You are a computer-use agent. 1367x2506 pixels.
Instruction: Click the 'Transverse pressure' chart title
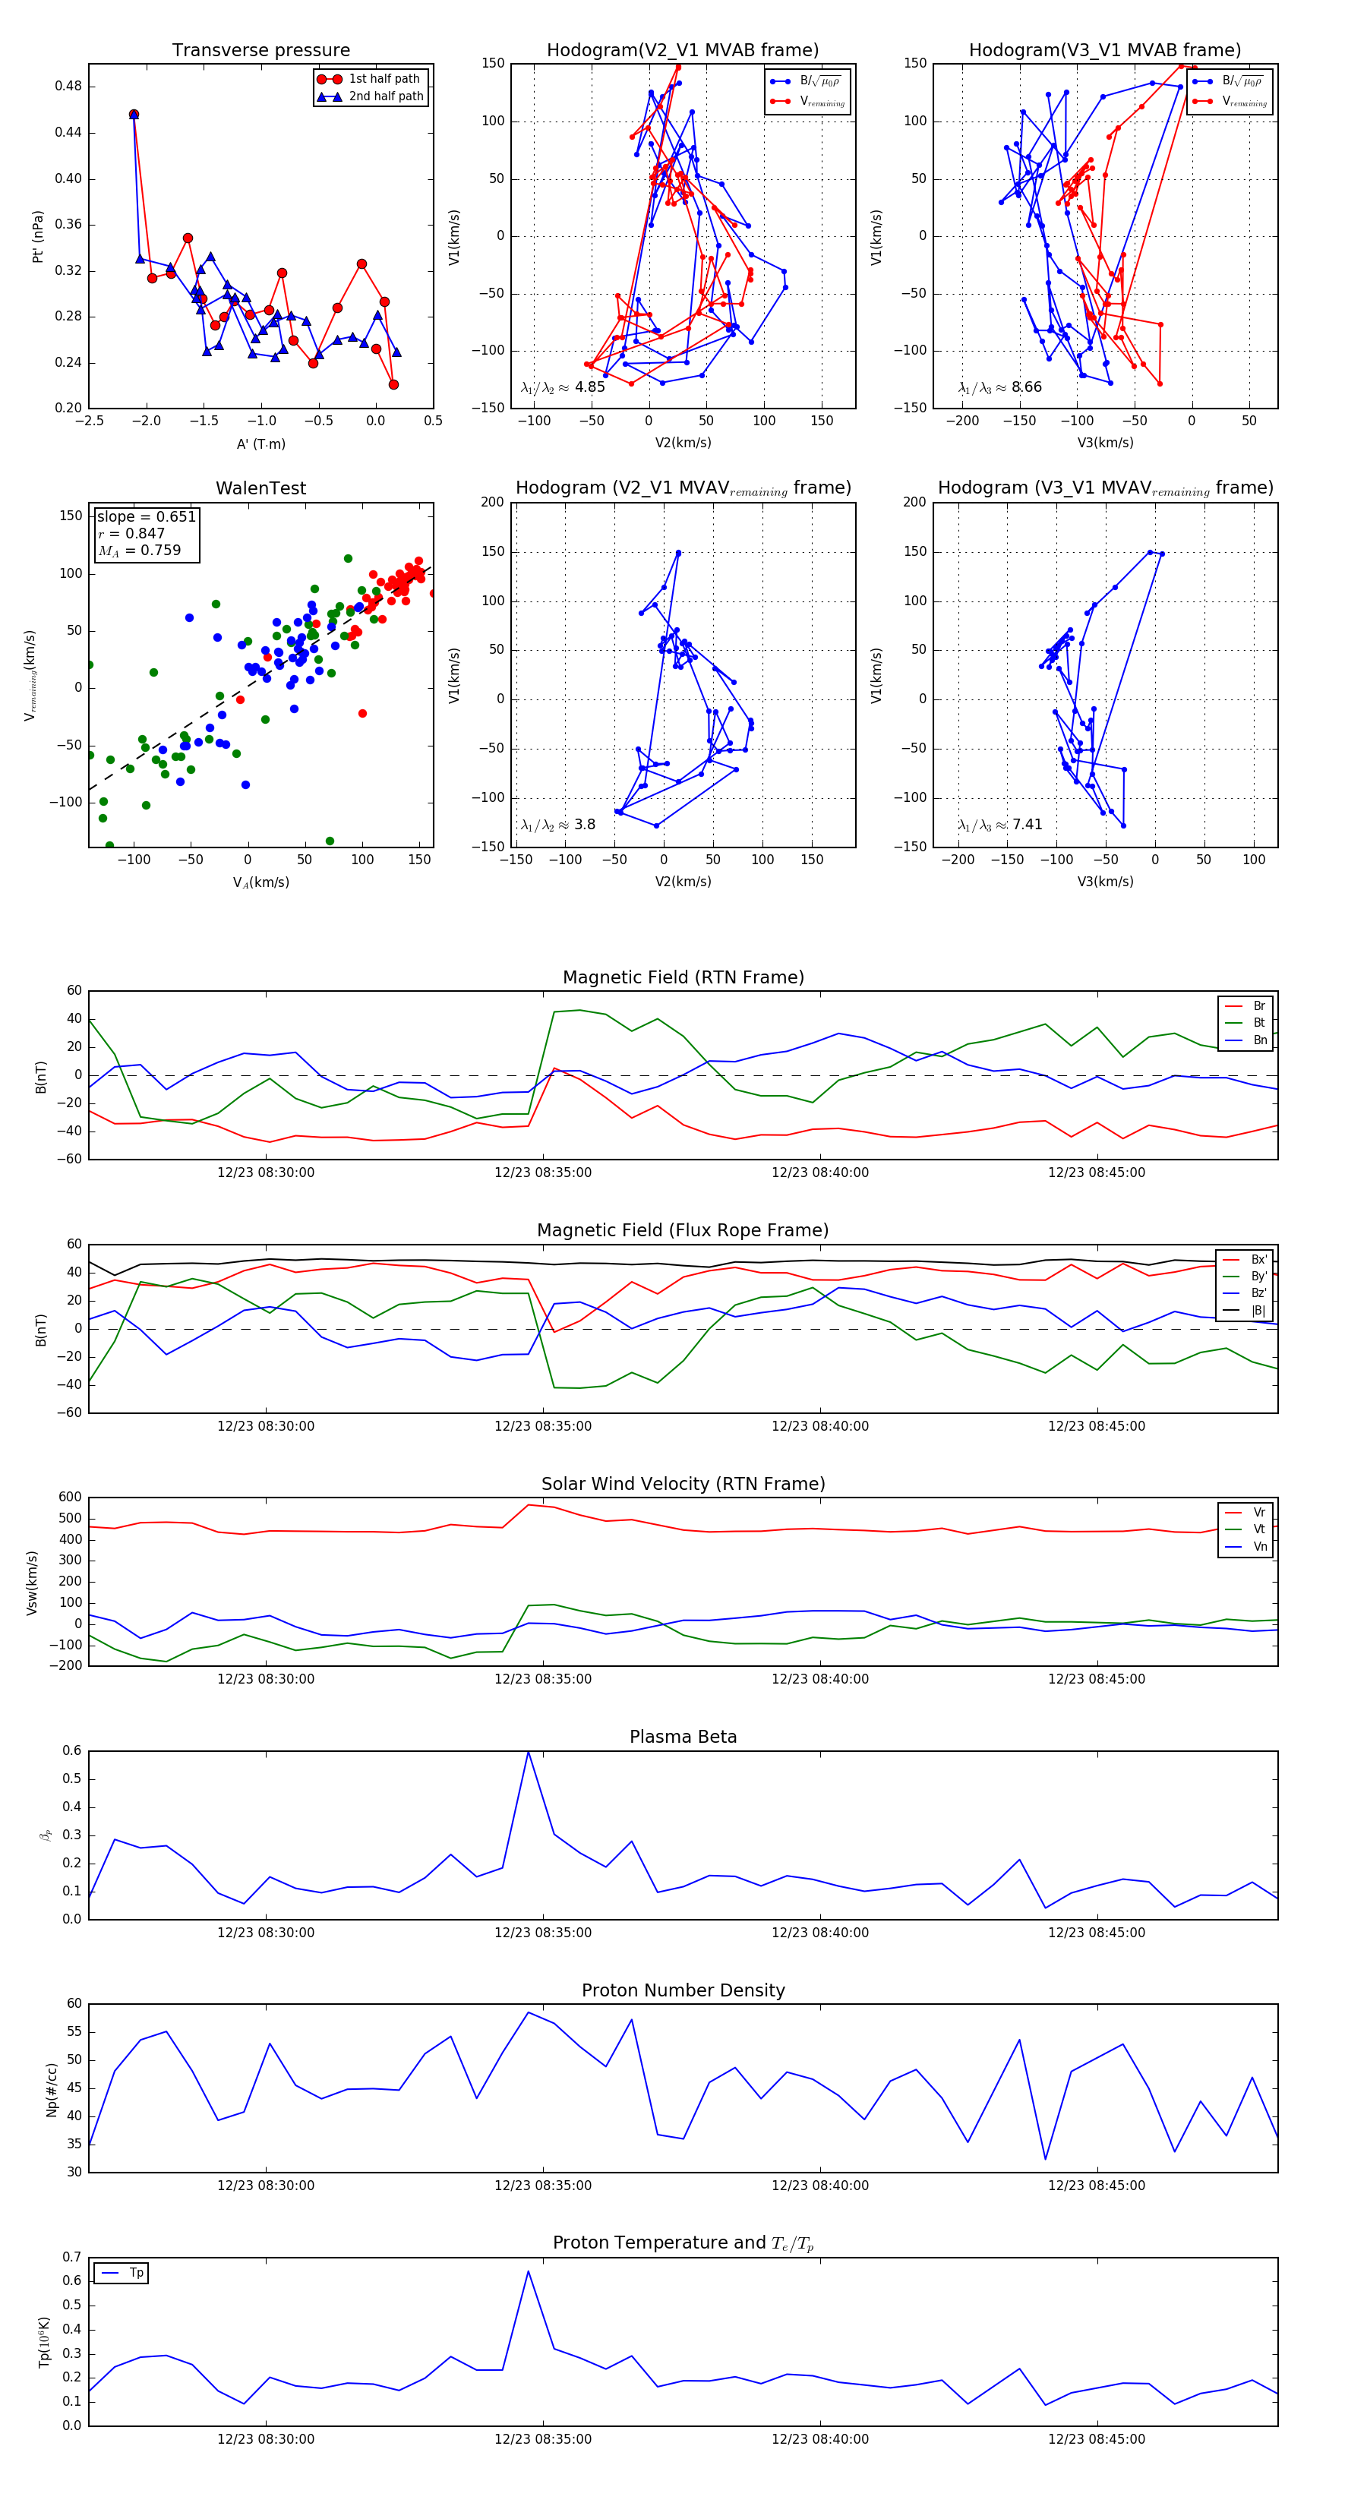coord(260,51)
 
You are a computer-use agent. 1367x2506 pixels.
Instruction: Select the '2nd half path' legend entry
coord(385,96)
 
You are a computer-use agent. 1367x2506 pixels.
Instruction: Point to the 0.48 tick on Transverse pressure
coord(68,87)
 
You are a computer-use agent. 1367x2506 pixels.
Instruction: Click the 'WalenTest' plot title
coord(260,488)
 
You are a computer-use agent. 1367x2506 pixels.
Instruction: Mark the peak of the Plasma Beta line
coord(529,1752)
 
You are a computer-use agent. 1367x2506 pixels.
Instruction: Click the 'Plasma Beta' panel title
coord(683,1737)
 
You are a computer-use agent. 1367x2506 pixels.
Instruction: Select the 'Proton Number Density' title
coord(683,1990)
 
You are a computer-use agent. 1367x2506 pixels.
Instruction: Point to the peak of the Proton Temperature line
coord(529,2271)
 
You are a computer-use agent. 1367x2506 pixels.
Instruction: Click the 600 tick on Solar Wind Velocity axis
coord(70,1498)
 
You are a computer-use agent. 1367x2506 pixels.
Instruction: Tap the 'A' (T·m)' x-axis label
coord(260,444)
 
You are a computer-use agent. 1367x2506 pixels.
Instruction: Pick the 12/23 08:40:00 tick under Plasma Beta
coord(820,1933)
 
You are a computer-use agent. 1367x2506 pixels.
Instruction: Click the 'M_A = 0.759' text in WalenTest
coord(139,551)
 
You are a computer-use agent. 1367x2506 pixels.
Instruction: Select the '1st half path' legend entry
coord(384,79)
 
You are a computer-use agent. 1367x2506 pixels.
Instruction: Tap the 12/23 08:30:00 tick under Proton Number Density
coord(266,2186)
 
